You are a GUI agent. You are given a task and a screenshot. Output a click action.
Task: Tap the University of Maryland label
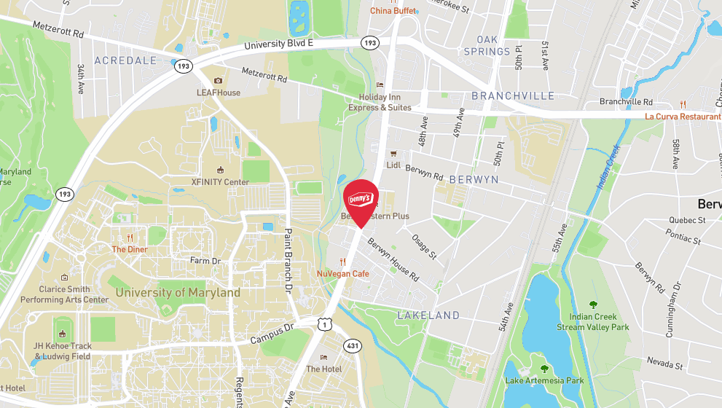click(178, 293)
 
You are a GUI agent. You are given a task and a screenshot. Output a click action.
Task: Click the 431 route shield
click(352, 345)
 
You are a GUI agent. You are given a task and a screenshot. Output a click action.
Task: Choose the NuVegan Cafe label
click(342, 273)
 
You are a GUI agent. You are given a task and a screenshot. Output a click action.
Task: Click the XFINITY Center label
click(220, 182)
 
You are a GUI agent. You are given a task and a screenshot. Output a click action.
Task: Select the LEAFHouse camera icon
click(218, 81)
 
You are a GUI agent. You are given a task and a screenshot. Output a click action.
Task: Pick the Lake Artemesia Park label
click(544, 380)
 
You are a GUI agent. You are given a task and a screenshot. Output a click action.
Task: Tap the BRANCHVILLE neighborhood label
click(513, 96)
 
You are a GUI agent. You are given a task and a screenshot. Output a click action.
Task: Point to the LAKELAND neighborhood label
click(428, 315)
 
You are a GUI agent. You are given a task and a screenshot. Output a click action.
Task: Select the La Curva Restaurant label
click(682, 116)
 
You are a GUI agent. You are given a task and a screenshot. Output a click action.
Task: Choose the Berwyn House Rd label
click(393, 260)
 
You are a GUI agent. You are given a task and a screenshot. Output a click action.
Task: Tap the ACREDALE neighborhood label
click(125, 60)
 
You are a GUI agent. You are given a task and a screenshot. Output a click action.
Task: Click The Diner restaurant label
click(129, 248)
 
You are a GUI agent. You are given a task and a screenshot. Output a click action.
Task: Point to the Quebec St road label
click(687, 220)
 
